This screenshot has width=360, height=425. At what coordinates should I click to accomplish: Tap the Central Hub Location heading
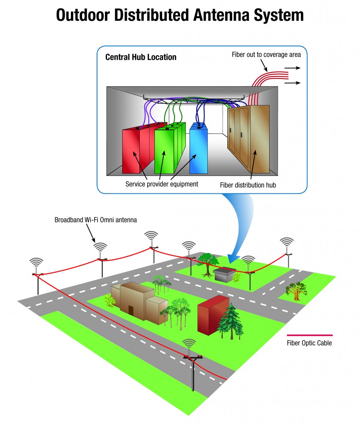point(141,57)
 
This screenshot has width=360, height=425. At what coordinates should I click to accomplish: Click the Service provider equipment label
point(162,184)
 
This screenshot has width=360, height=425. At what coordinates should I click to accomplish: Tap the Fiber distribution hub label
point(248,185)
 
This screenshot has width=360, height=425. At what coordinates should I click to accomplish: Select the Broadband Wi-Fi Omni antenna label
point(95,220)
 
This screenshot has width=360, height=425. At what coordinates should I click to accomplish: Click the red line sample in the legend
point(309,335)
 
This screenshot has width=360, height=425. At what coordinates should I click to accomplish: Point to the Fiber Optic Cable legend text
point(309,343)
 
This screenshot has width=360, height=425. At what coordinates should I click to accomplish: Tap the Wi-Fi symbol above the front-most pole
point(189,344)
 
